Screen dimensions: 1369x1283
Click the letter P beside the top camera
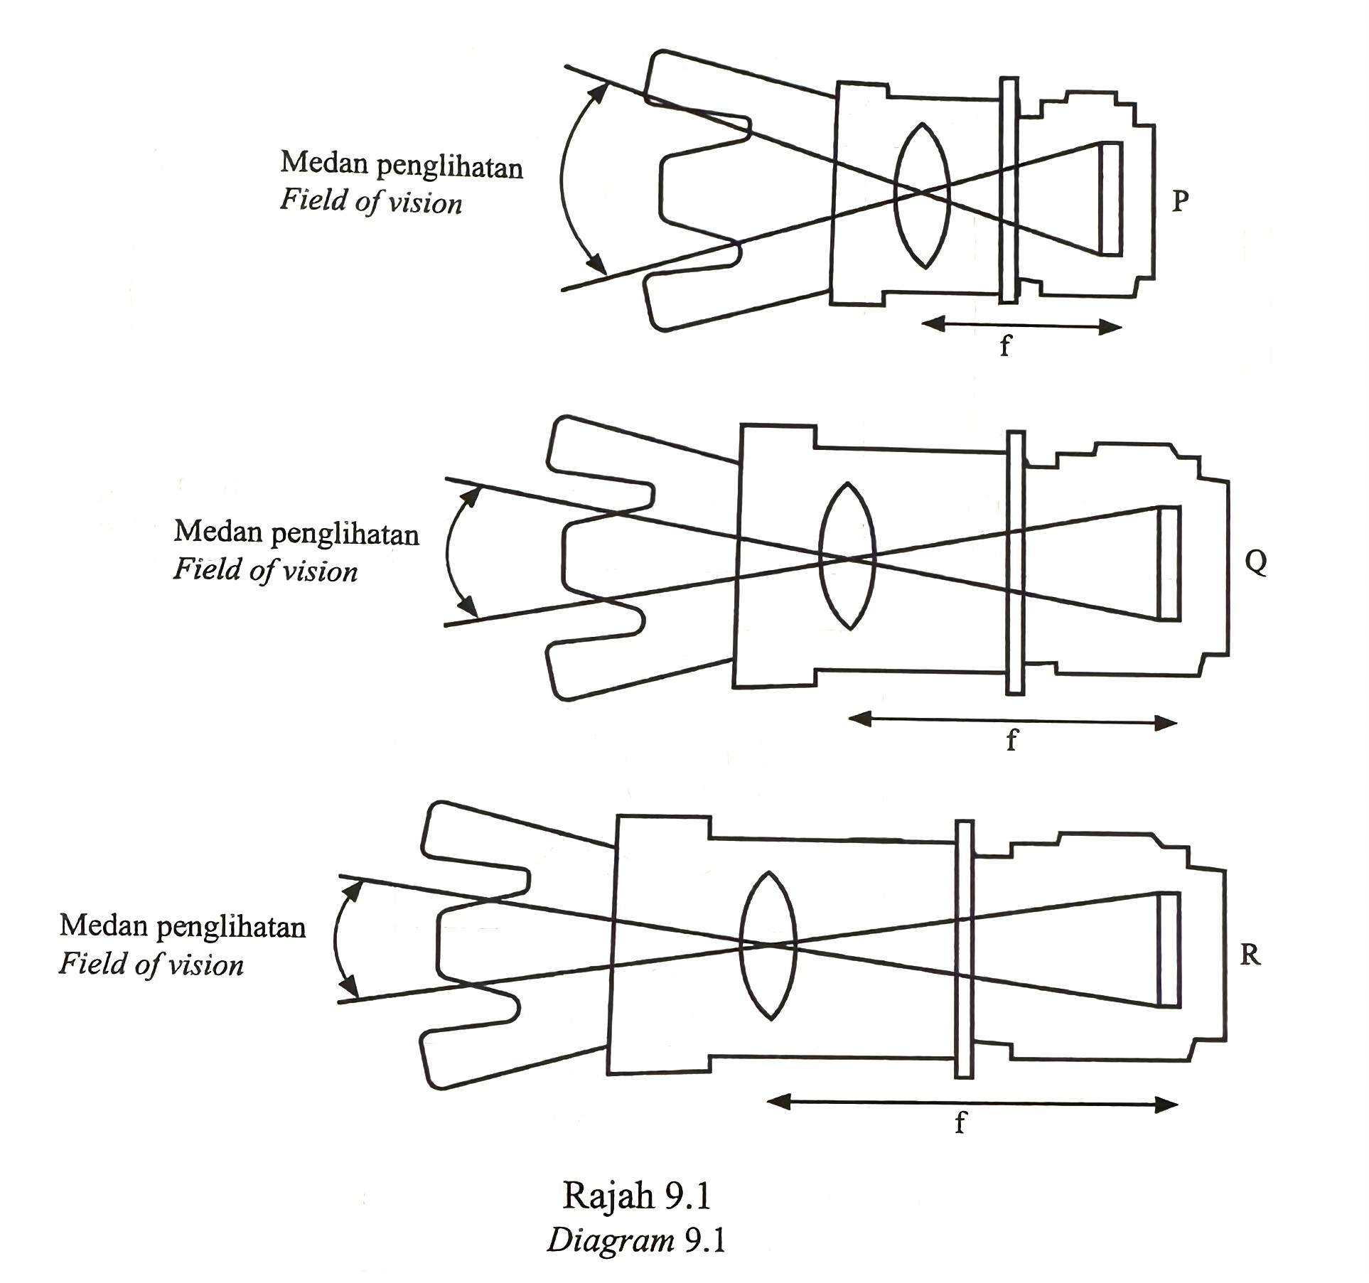pos(1180,201)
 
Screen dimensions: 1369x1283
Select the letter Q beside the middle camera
pos(1256,562)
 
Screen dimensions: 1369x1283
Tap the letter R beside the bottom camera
pos(1250,955)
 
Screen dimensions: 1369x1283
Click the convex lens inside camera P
pos(922,195)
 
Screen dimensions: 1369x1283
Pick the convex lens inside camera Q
pos(847,556)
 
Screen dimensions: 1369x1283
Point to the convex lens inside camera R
pos(768,945)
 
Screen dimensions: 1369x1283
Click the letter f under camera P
pos(1005,345)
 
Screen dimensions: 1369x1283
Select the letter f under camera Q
pos(1012,739)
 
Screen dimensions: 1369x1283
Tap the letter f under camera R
pos(960,1122)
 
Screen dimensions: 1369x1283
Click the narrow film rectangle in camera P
pos(1112,199)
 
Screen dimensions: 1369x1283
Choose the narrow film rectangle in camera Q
pos(1169,563)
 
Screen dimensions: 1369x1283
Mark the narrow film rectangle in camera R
pos(1169,949)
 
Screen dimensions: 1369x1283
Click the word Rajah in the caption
pos(608,1196)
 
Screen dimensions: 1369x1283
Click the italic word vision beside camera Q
pos(320,571)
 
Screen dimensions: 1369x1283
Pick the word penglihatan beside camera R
pos(231,928)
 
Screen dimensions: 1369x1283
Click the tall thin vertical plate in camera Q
pos(1016,562)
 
